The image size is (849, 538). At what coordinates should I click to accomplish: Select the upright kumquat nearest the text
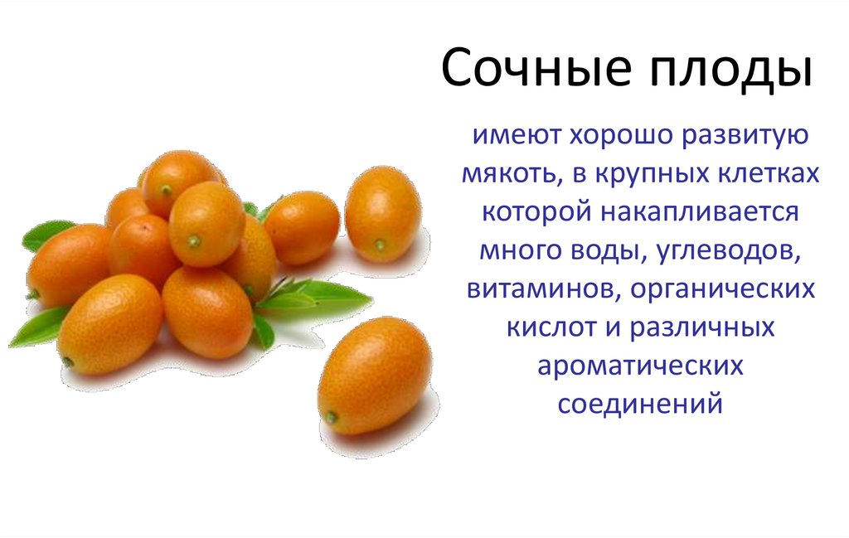[x=382, y=214]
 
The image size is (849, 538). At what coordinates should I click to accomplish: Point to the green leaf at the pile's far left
[x=45, y=235]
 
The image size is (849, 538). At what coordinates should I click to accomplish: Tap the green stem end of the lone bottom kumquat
[x=331, y=417]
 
